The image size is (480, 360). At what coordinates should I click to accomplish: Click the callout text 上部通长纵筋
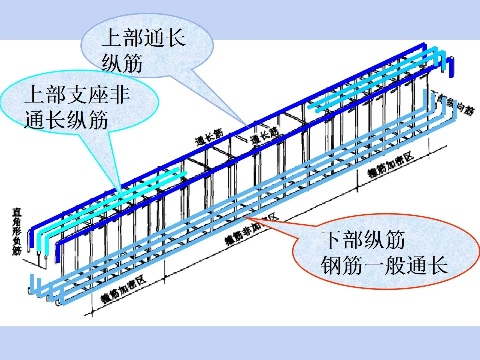[x=143, y=50]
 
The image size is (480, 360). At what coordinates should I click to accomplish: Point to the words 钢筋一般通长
[x=383, y=265]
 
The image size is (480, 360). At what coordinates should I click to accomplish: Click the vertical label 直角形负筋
[x=17, y=232]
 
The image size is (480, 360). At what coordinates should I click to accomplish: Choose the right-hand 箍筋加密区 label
[x=391, y=165]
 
